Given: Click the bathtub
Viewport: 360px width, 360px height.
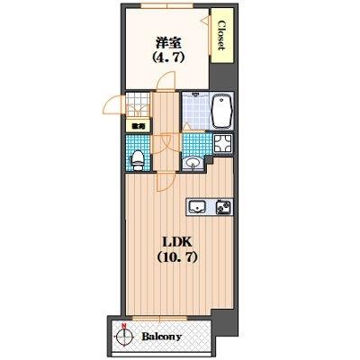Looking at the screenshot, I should point(221,112).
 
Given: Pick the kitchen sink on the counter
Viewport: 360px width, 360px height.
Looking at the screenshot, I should point(197,207).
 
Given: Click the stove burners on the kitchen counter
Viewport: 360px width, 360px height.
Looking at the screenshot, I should point(222,206).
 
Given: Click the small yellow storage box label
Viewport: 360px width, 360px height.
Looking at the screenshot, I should point(137,127).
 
